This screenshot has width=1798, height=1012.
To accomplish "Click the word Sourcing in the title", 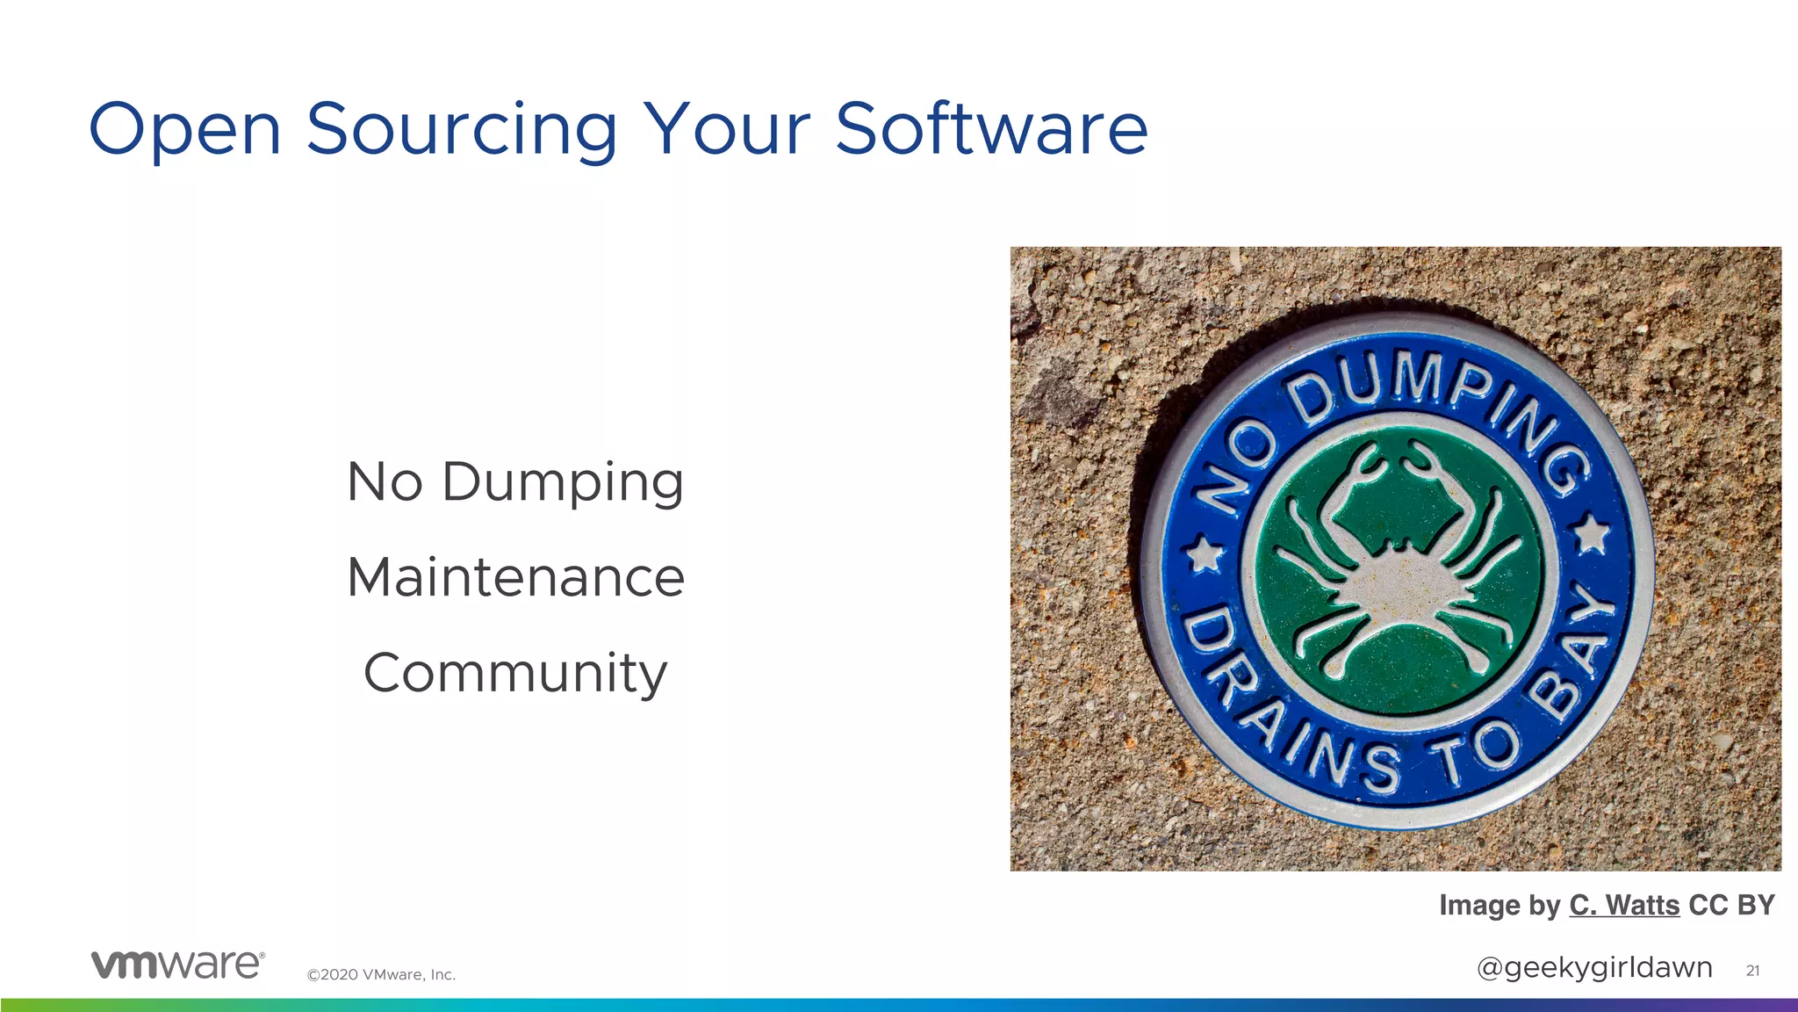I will (462, 130).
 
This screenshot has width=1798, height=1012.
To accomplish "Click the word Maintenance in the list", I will (515, 578).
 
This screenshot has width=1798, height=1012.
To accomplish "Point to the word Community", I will (515, 675).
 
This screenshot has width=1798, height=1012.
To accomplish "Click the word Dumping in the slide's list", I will (562, 483).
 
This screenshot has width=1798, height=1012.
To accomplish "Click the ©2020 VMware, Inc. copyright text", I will (381, 974).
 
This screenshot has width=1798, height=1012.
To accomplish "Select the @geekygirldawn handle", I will (1594, 967).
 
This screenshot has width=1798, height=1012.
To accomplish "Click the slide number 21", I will (1752, 971).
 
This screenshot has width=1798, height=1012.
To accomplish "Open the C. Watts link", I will (1624, 905).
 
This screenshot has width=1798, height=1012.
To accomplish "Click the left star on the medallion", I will (1205, 553).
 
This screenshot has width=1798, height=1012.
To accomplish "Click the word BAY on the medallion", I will (1571, 650).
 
